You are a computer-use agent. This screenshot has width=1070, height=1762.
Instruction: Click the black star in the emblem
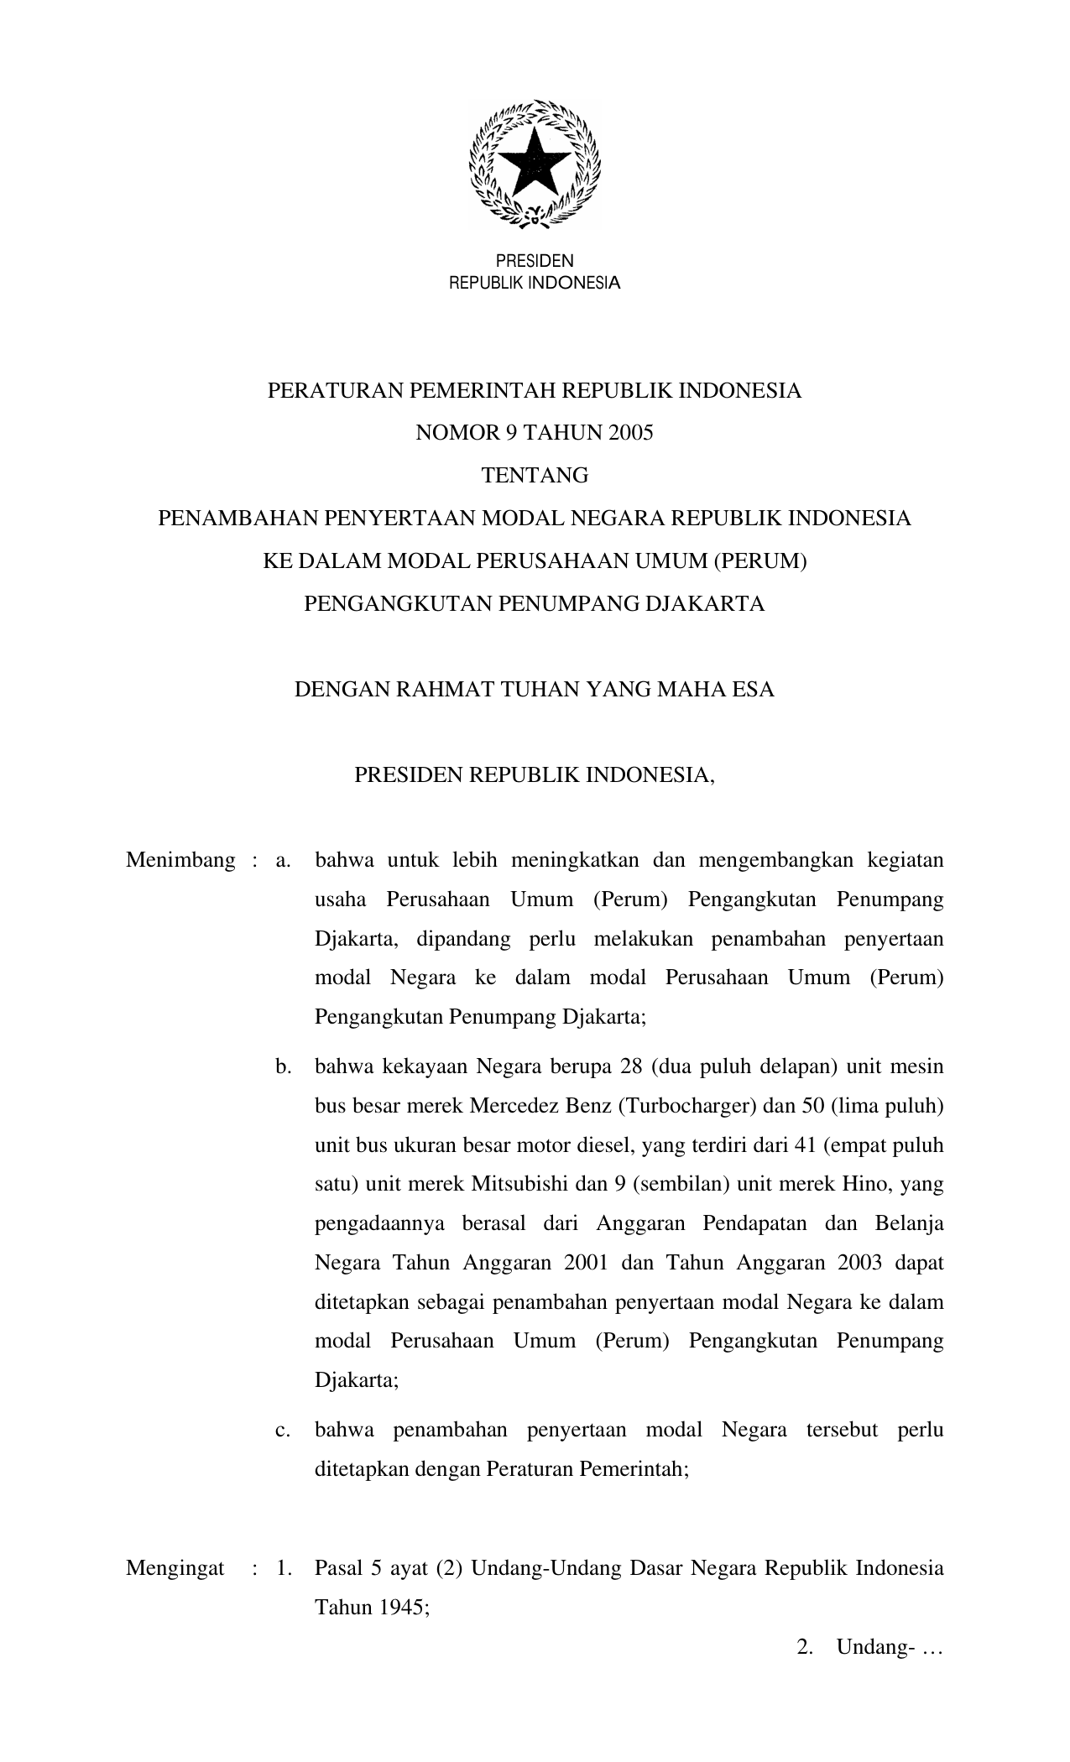[534, 162]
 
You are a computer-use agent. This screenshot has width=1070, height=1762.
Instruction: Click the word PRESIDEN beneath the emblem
[535, 262]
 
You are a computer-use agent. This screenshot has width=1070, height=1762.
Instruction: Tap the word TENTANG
[535, 476]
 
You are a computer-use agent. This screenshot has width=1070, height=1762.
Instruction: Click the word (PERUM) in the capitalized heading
[760, 561]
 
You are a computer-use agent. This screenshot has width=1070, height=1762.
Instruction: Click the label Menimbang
[180, 860]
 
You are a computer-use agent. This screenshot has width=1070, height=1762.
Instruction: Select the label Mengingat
[175, 1568]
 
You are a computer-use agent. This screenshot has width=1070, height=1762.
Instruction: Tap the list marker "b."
[283, 1067]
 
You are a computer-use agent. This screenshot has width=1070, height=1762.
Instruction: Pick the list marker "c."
[283, 1430]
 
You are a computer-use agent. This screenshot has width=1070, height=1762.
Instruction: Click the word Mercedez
[516, 1106]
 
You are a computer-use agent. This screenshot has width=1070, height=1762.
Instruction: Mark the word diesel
[606, 1145]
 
